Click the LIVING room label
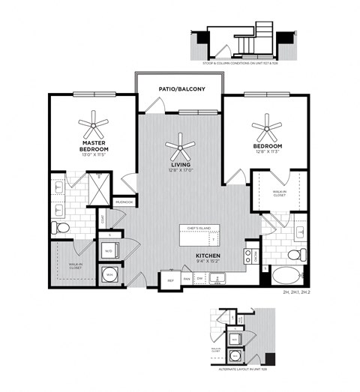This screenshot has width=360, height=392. pyautogui.click(x=180, y=163)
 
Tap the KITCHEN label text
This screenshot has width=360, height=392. pyautogui.click(x=207, y=256)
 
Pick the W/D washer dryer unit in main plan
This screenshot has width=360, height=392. pyautogui.click(x=109, y=251)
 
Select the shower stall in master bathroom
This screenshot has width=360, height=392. pyautogui.click(x=97, y=186)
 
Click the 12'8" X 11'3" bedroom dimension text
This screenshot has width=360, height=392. pyautogui.click(x=266, y=151)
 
